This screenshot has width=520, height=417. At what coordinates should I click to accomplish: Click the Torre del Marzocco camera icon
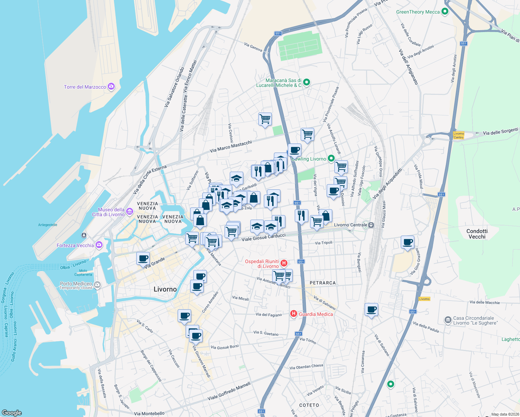(111, 87)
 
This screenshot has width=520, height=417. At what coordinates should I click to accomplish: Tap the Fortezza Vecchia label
(75, 245)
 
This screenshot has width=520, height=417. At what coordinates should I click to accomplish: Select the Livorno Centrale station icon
(371, 225)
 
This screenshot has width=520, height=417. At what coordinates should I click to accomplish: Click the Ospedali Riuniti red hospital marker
(284, 263)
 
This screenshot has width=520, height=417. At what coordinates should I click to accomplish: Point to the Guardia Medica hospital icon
(294, 314)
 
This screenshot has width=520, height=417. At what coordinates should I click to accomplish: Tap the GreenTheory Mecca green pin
(445, 12)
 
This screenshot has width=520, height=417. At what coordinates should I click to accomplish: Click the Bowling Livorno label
(309, 159)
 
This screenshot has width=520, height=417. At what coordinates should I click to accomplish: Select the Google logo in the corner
(12, 412)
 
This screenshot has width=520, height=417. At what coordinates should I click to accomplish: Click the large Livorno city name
(165, 289)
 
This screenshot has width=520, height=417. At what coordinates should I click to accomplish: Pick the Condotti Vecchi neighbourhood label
(477, 234)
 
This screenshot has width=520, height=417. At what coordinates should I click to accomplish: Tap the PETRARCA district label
(323, 283)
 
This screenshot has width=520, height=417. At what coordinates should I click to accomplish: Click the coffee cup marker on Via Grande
(143, 259)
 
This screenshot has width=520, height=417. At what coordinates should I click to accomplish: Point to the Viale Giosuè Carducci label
(263, 237)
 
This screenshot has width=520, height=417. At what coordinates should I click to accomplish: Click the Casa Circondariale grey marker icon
(448, 319)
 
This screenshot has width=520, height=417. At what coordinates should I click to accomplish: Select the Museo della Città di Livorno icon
(130, 211)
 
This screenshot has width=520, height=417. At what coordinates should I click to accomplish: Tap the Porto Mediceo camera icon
(97, 285)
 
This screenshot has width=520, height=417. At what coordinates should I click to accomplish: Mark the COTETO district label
(309, 405)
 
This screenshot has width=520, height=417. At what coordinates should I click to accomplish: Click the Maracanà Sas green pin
(307, 82)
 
